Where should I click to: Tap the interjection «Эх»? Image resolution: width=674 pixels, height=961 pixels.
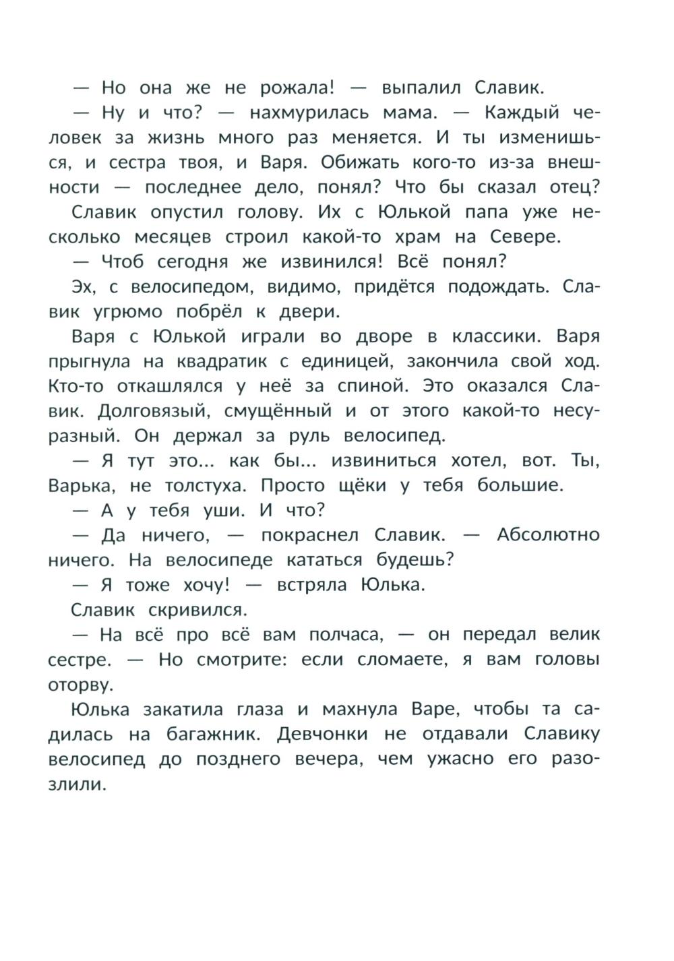84,286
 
